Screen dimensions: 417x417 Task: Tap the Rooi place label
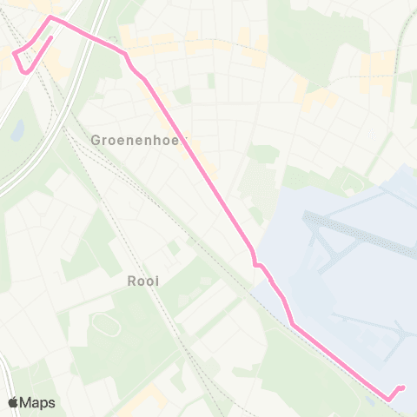(144, 281)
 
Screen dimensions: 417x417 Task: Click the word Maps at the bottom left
(38, 402)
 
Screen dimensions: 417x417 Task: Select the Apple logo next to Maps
(14, 402)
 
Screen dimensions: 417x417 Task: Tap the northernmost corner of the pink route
(50, 17)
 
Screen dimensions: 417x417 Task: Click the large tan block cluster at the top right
(378, 66)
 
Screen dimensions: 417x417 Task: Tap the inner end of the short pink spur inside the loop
(51, 37)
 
